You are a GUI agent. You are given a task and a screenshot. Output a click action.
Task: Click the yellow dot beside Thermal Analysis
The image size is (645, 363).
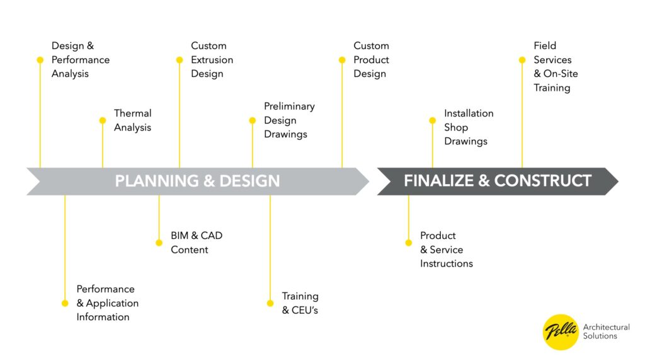click(x=103, y=120)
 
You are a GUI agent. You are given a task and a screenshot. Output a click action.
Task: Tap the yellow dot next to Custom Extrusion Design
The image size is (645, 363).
click(x=180, y=60)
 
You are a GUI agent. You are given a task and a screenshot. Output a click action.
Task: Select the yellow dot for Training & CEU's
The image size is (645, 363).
click(x=270, y=303)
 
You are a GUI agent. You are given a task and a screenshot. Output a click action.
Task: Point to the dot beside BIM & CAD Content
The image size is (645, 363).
click(x=159, y=243)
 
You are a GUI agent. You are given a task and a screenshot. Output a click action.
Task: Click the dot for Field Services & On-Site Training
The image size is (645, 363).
click(x=522, y=60)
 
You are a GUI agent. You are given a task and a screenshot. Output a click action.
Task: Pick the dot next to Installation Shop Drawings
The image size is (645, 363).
click(x=433, y=120)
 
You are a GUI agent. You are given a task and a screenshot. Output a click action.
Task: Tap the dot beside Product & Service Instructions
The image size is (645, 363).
click(x=408, y=243)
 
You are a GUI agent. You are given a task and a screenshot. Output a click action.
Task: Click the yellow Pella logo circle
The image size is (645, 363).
click(x=561, y=331)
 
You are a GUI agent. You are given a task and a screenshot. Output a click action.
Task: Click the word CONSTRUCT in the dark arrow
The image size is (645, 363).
click(x=542, y=181)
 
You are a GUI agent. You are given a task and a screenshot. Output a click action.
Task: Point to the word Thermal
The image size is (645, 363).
click(x=132, y=113)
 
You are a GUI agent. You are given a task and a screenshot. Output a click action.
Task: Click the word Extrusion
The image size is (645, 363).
click(x=212, y=60)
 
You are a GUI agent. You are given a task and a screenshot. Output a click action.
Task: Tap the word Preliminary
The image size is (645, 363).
click(x=289, y=107)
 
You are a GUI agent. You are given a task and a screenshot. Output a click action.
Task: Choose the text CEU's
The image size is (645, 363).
click(x=304, y=310)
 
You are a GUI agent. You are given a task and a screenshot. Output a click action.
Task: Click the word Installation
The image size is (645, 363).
click(x=469, y=113)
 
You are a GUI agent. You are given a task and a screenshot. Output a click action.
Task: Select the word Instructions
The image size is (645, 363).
click(x=447, y=263)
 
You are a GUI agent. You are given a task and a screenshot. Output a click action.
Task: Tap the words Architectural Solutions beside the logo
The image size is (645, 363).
click(x=606, y=331)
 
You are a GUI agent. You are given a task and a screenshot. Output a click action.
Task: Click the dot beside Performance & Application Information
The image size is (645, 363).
click(x=65, y=303)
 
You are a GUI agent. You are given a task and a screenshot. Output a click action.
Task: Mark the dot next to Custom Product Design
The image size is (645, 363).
click(x=342, y=60)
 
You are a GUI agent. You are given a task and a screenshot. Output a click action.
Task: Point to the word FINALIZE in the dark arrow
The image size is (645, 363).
click(x=438, y=181)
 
